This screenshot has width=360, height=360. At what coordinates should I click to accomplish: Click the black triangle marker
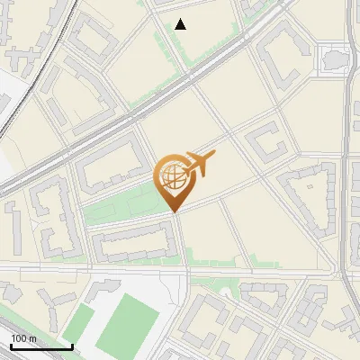(181, 24)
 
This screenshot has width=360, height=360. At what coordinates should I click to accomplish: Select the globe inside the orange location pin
(173, 177)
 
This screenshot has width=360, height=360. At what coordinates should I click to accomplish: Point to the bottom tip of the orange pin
(173, 211)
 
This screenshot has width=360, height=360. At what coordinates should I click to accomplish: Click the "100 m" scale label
(23, 338)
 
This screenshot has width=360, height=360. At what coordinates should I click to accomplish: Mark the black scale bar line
(41, 347)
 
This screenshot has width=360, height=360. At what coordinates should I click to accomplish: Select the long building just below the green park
(133, 242)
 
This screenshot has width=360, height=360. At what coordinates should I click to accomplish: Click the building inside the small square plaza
(337, 58)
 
